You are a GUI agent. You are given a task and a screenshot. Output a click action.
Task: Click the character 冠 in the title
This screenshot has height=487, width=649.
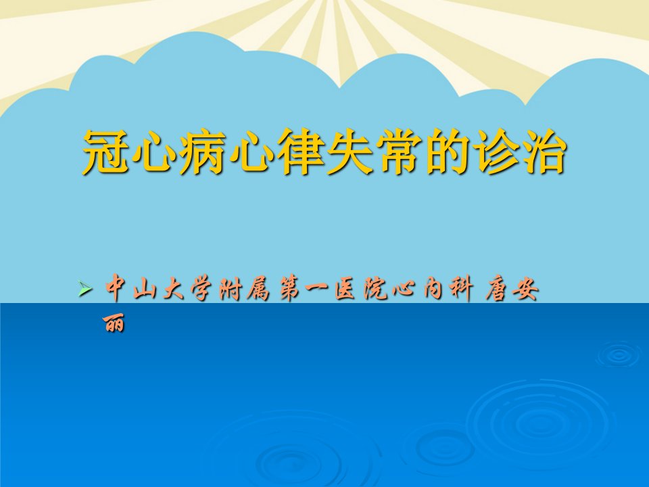point(105,152)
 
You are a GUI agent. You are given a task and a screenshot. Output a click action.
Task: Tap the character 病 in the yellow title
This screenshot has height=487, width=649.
point(202,152)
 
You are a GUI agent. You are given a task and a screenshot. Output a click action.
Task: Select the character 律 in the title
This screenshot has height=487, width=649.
point(300,152)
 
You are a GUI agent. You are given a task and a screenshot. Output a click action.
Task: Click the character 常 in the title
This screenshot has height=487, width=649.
point(398,152)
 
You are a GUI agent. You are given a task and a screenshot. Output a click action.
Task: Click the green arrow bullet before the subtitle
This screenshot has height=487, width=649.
point(85,288)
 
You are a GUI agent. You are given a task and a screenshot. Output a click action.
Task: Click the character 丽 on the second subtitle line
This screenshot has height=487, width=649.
point(114,323)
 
